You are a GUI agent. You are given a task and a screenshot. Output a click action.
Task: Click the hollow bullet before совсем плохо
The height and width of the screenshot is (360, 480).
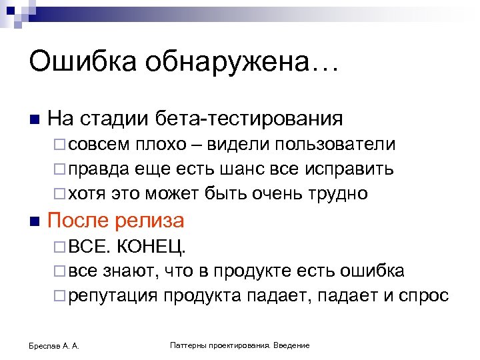coord(59,145)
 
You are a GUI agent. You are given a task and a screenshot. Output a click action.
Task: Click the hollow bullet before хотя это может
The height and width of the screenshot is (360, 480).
coord(59,194)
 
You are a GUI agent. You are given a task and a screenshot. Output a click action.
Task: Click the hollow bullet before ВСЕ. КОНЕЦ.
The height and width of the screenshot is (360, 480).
coord(59,247)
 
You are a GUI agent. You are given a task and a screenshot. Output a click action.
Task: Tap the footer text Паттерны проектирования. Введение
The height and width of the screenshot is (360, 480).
coord(240,345)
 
